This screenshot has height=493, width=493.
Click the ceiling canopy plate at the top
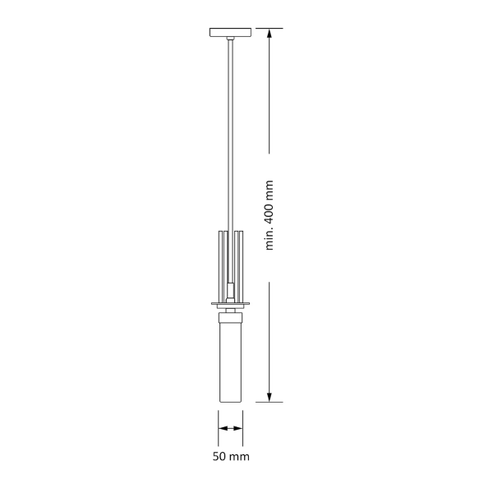231,33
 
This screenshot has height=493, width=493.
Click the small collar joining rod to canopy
231,40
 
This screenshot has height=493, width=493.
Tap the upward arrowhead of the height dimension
270,35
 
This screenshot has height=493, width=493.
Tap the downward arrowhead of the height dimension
270,396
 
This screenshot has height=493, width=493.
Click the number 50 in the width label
220,456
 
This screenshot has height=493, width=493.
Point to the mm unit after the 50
239,456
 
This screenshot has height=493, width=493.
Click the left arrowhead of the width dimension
222,428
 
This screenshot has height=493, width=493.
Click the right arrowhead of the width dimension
240,428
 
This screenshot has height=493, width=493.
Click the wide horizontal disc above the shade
231,303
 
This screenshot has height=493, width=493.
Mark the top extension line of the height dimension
270,29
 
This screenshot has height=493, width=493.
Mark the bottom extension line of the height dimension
270,402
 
